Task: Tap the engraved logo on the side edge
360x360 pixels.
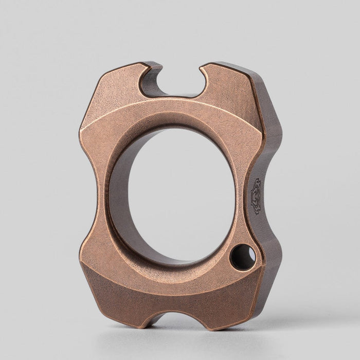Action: click(x=256, y=195)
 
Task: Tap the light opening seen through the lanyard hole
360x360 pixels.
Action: click(x=246, y=256)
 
